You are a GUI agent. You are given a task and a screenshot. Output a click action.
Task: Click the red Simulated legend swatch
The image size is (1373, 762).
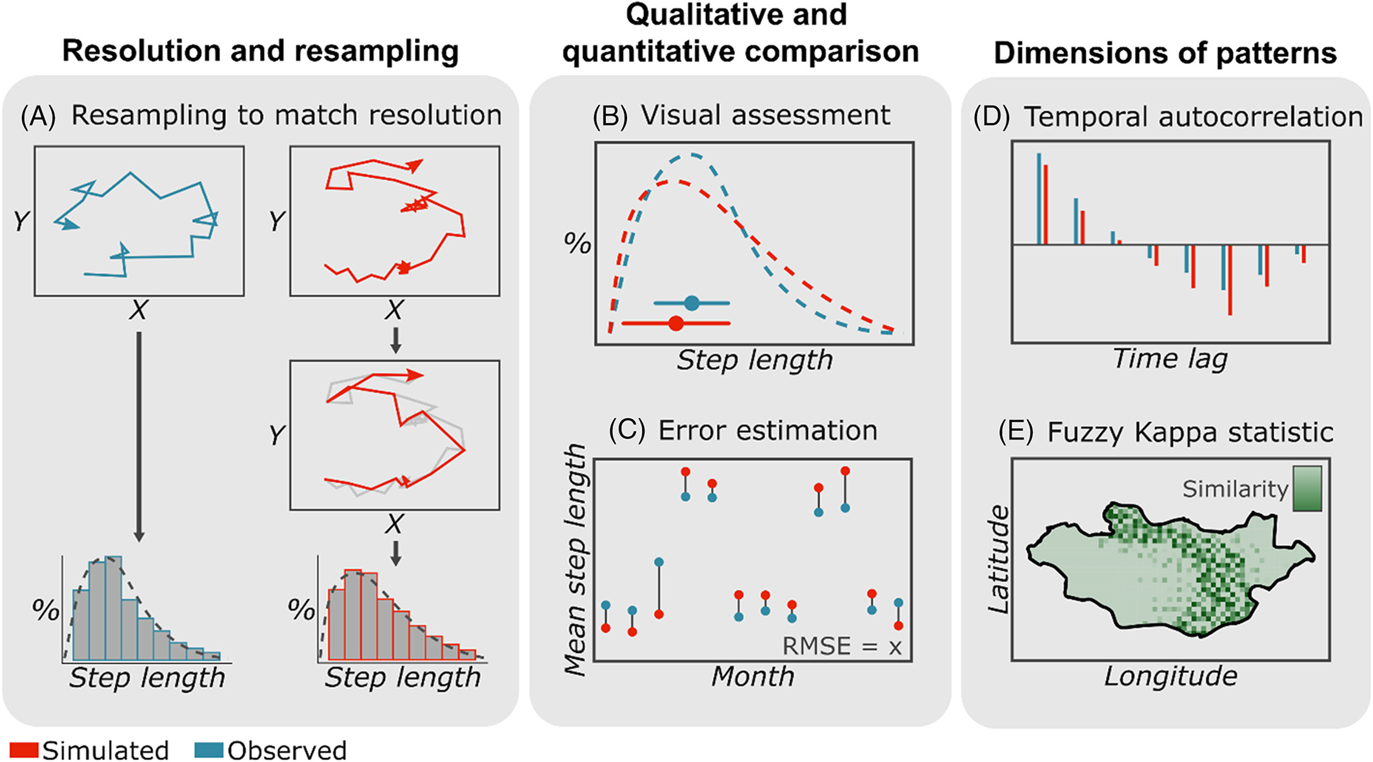tap(23, 750)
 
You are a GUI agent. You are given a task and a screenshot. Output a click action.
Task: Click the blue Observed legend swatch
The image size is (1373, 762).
tap(208, 750)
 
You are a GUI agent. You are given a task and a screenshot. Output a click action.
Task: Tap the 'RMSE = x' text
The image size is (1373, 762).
tap(841, 645)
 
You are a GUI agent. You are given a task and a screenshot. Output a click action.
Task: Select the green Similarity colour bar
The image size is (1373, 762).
tap(1307, 488)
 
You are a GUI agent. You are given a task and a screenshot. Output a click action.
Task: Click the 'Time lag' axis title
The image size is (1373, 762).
tap(1170, 358)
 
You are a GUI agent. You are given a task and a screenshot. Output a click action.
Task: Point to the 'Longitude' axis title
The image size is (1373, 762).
tap(1170, 676)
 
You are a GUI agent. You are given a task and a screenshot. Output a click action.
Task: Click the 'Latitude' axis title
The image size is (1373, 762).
tap(998, 559)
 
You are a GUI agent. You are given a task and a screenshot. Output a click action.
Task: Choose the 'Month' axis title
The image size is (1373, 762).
tap(752, 676)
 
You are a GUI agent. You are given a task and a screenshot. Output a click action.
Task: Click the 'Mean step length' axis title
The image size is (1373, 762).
tap(574, 559)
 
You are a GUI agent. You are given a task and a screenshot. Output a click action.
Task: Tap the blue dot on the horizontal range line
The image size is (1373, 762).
tap(692, 303)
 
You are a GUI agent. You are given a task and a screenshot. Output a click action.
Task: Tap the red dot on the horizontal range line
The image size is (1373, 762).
tap(676, 323)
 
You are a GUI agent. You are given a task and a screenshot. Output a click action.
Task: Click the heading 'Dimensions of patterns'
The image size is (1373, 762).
tap(1165, 53)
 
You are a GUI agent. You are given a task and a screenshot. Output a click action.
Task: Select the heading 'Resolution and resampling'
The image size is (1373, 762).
tap(260, 51)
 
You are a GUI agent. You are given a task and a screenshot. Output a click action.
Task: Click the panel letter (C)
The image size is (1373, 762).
tap(626, 430)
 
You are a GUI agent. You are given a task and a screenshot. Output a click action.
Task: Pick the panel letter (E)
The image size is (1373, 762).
tap(1016, 432)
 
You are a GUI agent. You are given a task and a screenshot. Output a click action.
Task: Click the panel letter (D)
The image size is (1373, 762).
tap(991, 117)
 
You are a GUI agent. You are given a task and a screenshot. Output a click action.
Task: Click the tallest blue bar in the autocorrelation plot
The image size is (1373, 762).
tap(1039, 199)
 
